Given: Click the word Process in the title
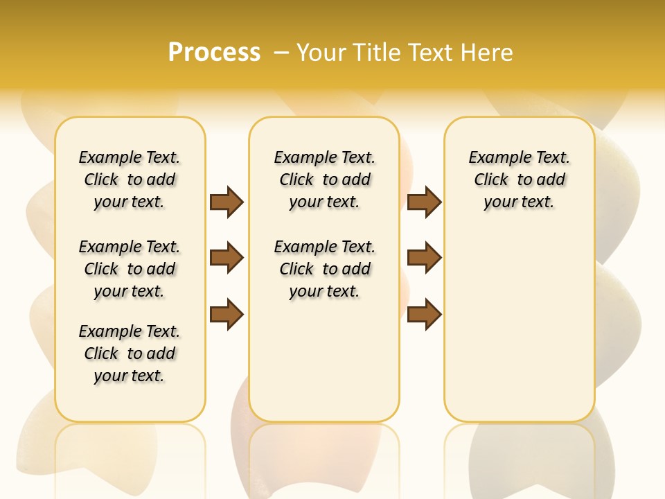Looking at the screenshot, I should (x=214, y=52).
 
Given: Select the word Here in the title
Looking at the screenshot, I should (x=488, y=53).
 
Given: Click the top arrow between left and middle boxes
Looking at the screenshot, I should (x=227, y=202).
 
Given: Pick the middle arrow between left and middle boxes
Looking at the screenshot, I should (x=227, y=258).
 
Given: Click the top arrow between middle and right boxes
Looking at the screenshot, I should (x=424, y=202).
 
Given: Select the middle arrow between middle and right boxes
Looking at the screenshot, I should (x=424, y=258).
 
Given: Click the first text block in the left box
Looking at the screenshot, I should (x=130, y=180).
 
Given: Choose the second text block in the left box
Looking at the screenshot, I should (x=130, y=269).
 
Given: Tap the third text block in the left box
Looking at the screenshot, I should (x=130, y=353).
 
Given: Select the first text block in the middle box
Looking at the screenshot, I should (x=324, y=180).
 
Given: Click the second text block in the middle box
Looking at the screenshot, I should (x=324, y=269).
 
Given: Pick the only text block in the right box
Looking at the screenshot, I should (x=519, y=180).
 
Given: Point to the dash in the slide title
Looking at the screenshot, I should (x=281, y=53).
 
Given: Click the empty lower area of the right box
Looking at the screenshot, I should (x=519, y=326).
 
